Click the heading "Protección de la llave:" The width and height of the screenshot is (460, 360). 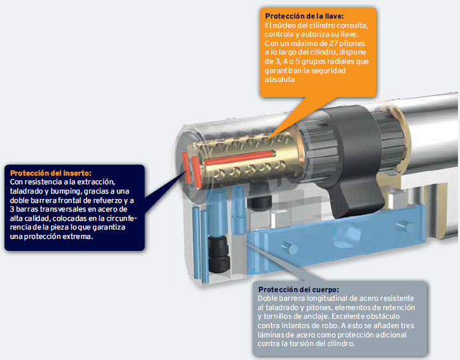tap(304, 16)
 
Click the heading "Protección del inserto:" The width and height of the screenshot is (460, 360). tap(51, 173)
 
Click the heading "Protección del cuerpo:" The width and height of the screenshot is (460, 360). tap(299, 289)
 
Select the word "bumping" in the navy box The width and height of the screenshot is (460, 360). tap(65, 192)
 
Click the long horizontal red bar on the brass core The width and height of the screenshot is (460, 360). tap(240, 158)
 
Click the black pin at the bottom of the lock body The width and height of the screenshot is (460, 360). tap(218, 254)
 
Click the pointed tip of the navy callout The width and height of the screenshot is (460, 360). tap(186, 171)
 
